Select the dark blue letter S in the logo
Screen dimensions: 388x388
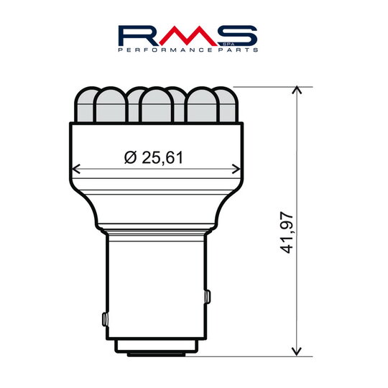[234, 35]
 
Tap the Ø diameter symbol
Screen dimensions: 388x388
[129, 156]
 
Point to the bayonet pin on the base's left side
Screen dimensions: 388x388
[105, 318]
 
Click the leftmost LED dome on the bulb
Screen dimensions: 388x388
[86, 104]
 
